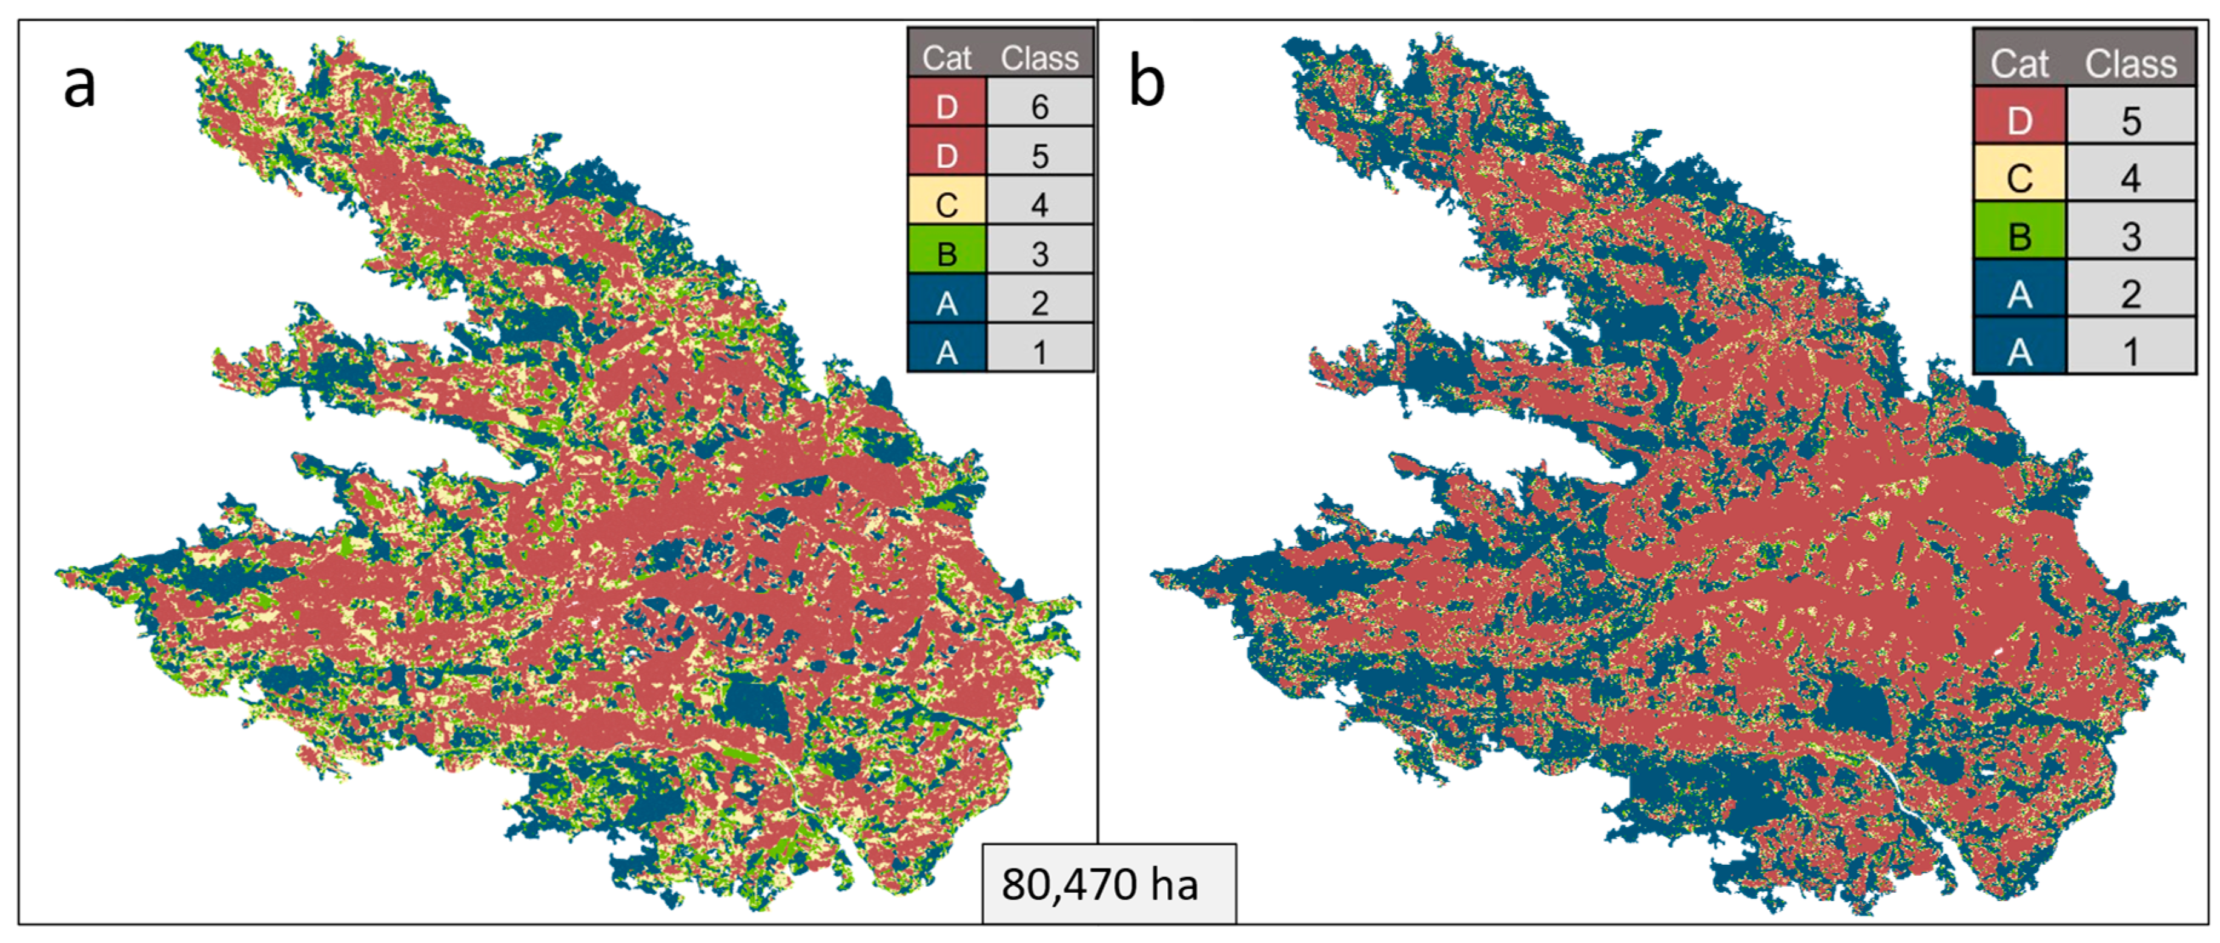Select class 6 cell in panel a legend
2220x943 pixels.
point(1039,107)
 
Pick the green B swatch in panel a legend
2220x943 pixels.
point(946,253)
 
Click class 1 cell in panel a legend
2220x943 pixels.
point(1039,352)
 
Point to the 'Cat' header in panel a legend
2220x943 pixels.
point(946,58)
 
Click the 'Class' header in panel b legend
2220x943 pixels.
point(2130,64)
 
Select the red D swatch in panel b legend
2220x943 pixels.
point(2019,121)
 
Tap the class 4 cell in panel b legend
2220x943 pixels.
point(2130,178)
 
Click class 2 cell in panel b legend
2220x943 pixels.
point(2130,294)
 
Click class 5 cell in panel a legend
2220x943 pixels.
point(1039,156)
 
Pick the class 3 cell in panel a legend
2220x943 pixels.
point(1039,253)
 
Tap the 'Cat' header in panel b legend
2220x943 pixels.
point(2019,64)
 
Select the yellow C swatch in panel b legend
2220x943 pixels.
point(2019,178)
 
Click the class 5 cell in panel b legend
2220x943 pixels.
point(2130,121)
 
